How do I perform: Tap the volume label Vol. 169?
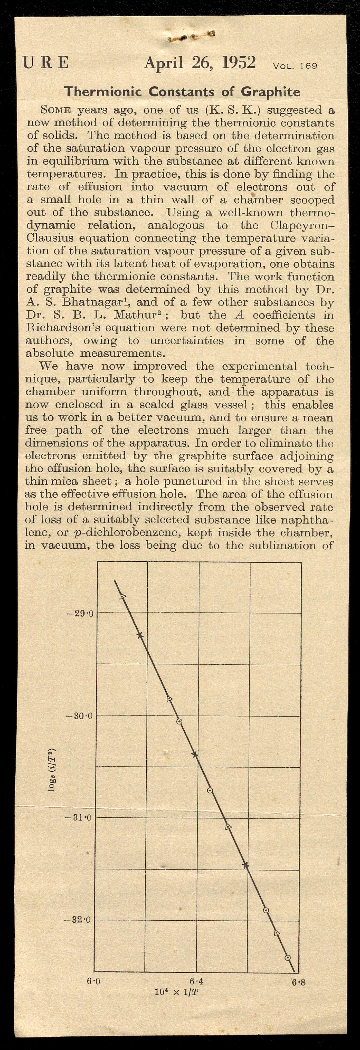tap(295, 66)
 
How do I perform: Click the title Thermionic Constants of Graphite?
tap(182, 91)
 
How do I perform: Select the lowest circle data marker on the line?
tap(287, 957)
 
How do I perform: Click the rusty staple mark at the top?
tap(192, 37)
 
